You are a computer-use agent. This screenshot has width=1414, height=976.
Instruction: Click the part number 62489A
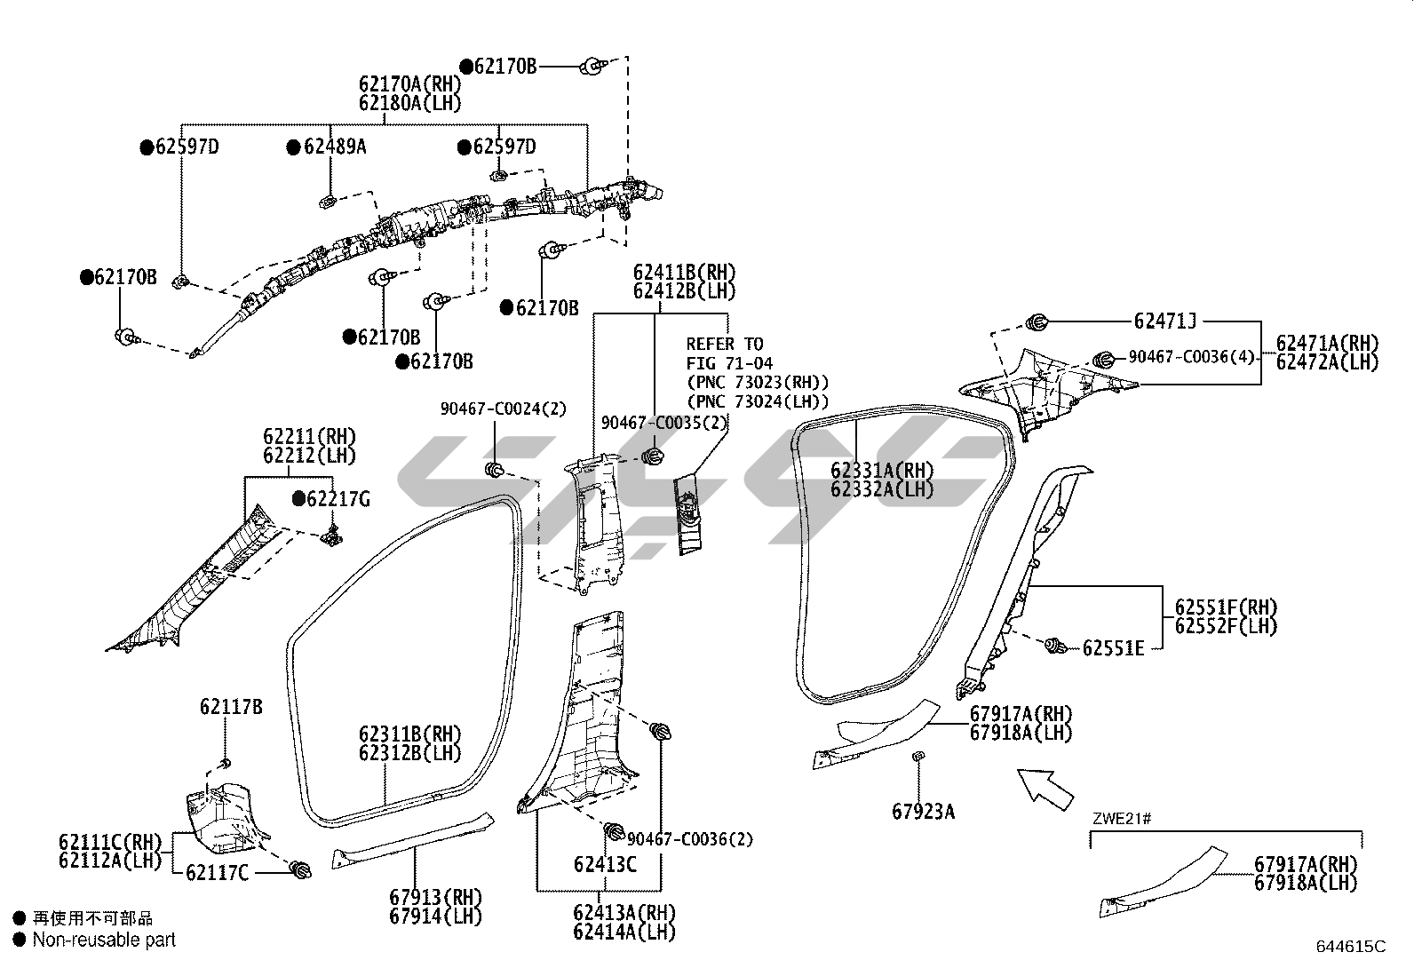[x=334, y=147]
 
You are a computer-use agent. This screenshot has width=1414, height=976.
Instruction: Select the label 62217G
[x=338, y=499]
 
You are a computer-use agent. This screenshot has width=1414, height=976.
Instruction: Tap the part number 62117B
[x=230, y=707]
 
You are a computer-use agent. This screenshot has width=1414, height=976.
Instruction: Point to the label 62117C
[x=217, y=873]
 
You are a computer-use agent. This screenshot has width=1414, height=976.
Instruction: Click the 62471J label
[x=1164, y=321]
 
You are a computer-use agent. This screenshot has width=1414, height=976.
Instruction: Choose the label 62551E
[x=1113, y=648]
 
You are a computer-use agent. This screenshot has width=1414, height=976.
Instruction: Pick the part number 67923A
[x=923, y=811]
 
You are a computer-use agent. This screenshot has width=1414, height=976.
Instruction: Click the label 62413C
[x=604, y=863]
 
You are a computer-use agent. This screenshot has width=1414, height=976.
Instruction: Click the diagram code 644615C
[x=1351, y=947]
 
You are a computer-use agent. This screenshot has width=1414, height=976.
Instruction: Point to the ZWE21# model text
[x=1122, y=818]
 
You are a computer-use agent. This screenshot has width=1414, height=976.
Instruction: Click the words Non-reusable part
[x=104, y=940]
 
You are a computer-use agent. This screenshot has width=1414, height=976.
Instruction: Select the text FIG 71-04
[x=729, y=362]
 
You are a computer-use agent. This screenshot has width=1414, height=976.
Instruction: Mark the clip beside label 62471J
[x=1036, y=321]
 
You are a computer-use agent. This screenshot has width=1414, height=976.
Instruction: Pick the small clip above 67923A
[x=918, y=756]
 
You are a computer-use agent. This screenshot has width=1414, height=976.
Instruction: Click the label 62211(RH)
[x=308, y=437]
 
